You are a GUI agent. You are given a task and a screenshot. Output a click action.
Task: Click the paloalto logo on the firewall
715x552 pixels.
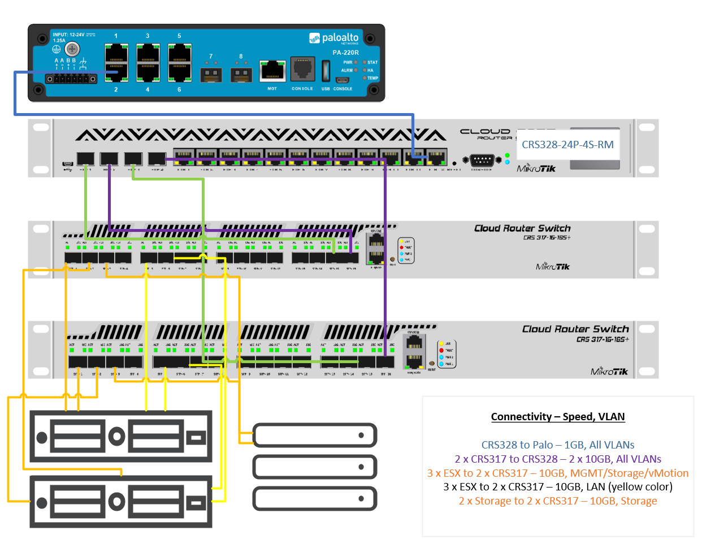[334, 38]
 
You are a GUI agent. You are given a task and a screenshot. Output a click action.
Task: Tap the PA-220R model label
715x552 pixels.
[345, 53]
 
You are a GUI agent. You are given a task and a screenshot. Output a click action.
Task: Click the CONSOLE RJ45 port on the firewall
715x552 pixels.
[302, 69]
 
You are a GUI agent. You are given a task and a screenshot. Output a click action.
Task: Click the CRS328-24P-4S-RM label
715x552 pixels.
[567, 145]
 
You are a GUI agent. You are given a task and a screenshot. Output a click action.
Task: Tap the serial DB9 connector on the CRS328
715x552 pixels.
[482, 161]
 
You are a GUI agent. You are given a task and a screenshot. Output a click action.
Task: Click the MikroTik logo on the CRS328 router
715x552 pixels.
[536, 168]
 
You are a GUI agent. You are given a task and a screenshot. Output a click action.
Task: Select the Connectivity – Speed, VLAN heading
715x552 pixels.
[558, 417]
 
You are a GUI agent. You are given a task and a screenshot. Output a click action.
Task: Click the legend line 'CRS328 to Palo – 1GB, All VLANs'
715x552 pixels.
[558, 445]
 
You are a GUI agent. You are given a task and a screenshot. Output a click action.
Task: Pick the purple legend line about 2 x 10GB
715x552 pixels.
[558, 459]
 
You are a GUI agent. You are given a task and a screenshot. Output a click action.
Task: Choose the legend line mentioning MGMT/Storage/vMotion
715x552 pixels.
[558, 473]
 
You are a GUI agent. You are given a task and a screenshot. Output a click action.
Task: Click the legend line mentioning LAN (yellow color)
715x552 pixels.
[558, 487]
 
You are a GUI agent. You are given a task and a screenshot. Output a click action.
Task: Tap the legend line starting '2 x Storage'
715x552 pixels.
[558, 501]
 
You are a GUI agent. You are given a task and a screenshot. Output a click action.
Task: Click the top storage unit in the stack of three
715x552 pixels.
[314, 435]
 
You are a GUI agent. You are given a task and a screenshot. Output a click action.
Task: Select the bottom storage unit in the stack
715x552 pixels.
[314, 499]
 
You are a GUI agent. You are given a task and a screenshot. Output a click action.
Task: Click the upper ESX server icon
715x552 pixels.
[121, 437]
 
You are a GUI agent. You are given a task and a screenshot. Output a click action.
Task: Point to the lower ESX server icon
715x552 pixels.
[121, 502]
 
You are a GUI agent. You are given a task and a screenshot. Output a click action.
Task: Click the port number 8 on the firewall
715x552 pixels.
[241, 57]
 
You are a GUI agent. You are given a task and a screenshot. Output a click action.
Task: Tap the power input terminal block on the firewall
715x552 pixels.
[71, 78]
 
